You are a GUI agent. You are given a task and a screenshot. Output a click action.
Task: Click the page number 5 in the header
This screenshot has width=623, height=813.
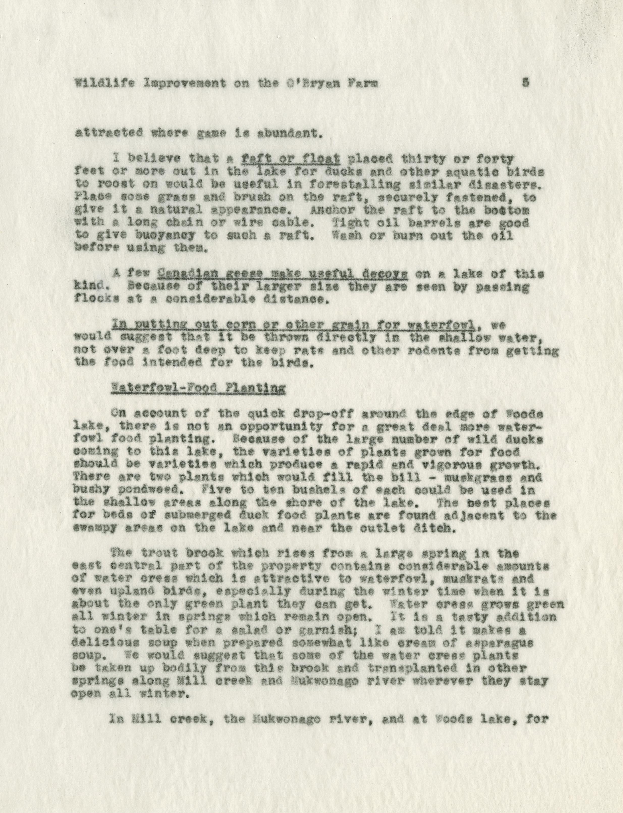tap(525, 84)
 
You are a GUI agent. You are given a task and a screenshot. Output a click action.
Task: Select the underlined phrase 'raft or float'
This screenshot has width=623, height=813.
tap(290, 160)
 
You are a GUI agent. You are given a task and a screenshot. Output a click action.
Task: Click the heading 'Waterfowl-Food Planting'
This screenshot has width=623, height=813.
tap(199, 389)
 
